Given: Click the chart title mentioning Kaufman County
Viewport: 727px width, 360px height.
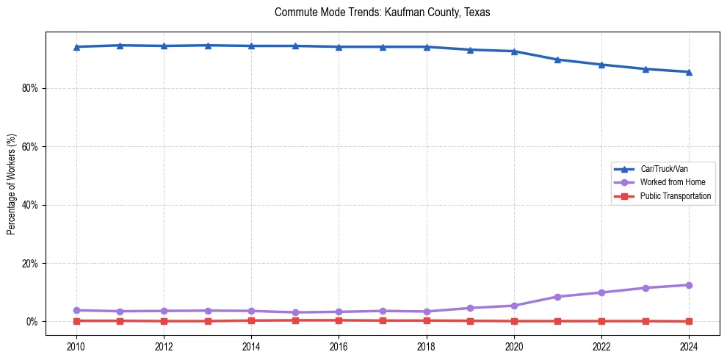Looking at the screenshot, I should (x=382, y=12).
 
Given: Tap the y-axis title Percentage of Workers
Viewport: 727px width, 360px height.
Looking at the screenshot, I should (x=11, y=184).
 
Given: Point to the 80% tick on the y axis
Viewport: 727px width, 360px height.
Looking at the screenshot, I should (x=29, y=88).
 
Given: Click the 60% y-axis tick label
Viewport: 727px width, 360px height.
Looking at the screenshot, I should (x=29, y=147).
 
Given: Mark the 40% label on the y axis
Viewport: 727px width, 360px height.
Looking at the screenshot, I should (x=29, y=205).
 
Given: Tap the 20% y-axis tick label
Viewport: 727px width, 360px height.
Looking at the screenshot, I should (x=29, y=263).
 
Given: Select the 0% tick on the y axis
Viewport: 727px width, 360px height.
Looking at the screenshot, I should (x=32, y=322).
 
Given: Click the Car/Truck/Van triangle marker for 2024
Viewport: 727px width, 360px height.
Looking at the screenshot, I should (x=689, y=72).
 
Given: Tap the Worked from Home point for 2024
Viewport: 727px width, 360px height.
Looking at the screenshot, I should (x=689, y=285).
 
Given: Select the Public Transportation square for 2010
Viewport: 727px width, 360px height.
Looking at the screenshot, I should (x=76, y=321).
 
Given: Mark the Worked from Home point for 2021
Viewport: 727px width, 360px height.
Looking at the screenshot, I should (x=557, y=297).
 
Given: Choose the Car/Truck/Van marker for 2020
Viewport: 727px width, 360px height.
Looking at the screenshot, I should (x=514, y=51).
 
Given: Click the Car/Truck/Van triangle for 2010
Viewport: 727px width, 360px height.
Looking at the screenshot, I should (x=76, y=47).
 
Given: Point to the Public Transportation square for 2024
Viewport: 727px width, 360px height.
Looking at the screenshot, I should (x=689, y=322).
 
